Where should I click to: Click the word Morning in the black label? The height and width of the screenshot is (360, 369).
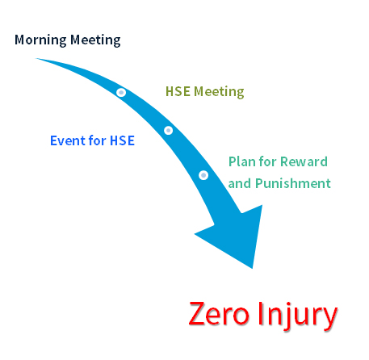[x=40, y=40]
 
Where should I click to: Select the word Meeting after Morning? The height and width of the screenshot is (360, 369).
[x=95, y=40]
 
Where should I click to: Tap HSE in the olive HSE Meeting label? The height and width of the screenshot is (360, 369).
[x=178, y=91]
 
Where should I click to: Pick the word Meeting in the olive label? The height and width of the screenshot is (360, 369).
[x=219, y=92]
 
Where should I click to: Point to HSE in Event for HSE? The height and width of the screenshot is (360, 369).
[x=123, y=140]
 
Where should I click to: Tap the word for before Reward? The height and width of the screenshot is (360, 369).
[x=268, y=161]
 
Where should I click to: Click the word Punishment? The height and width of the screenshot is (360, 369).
[x=292, y=183]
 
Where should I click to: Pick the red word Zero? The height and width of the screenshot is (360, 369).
[x=219, y=313]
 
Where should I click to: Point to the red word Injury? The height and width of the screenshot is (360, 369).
[x=298, y=316]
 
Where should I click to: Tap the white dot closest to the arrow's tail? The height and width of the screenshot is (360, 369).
[x=121, y=93]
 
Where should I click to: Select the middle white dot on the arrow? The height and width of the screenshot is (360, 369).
[x=169, y=131]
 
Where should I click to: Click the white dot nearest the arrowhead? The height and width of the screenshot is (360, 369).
[x=203, y=175]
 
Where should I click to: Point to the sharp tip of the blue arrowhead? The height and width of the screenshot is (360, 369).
[x=252, y=268]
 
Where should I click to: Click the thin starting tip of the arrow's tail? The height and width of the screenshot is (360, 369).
[x=36, y=58]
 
